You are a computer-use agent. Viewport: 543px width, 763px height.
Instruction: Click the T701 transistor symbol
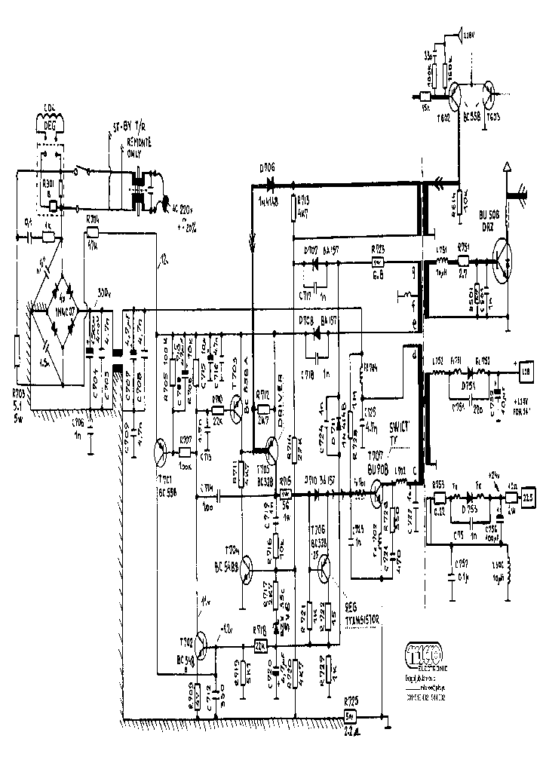[161, 452]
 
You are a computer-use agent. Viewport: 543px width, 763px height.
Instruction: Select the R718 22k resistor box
[261, 647]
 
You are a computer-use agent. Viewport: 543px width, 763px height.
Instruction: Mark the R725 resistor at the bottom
[350, 716]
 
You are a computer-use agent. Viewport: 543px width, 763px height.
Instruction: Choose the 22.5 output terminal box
[529, 497]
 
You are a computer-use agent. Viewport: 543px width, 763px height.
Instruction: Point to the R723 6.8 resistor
[378, 265]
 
